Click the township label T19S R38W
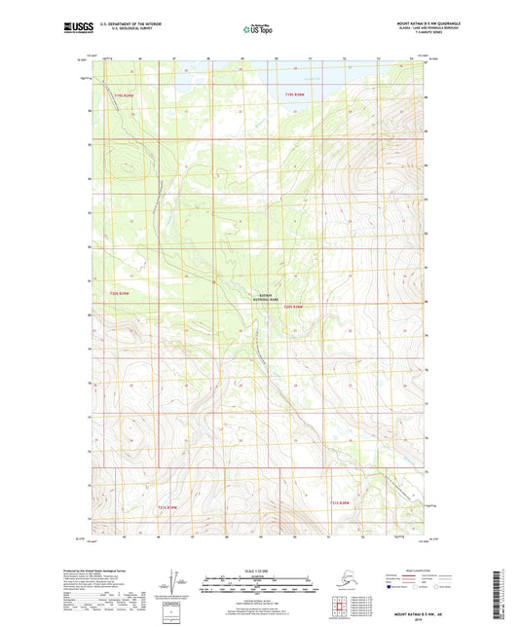294,94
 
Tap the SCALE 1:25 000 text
258,572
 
